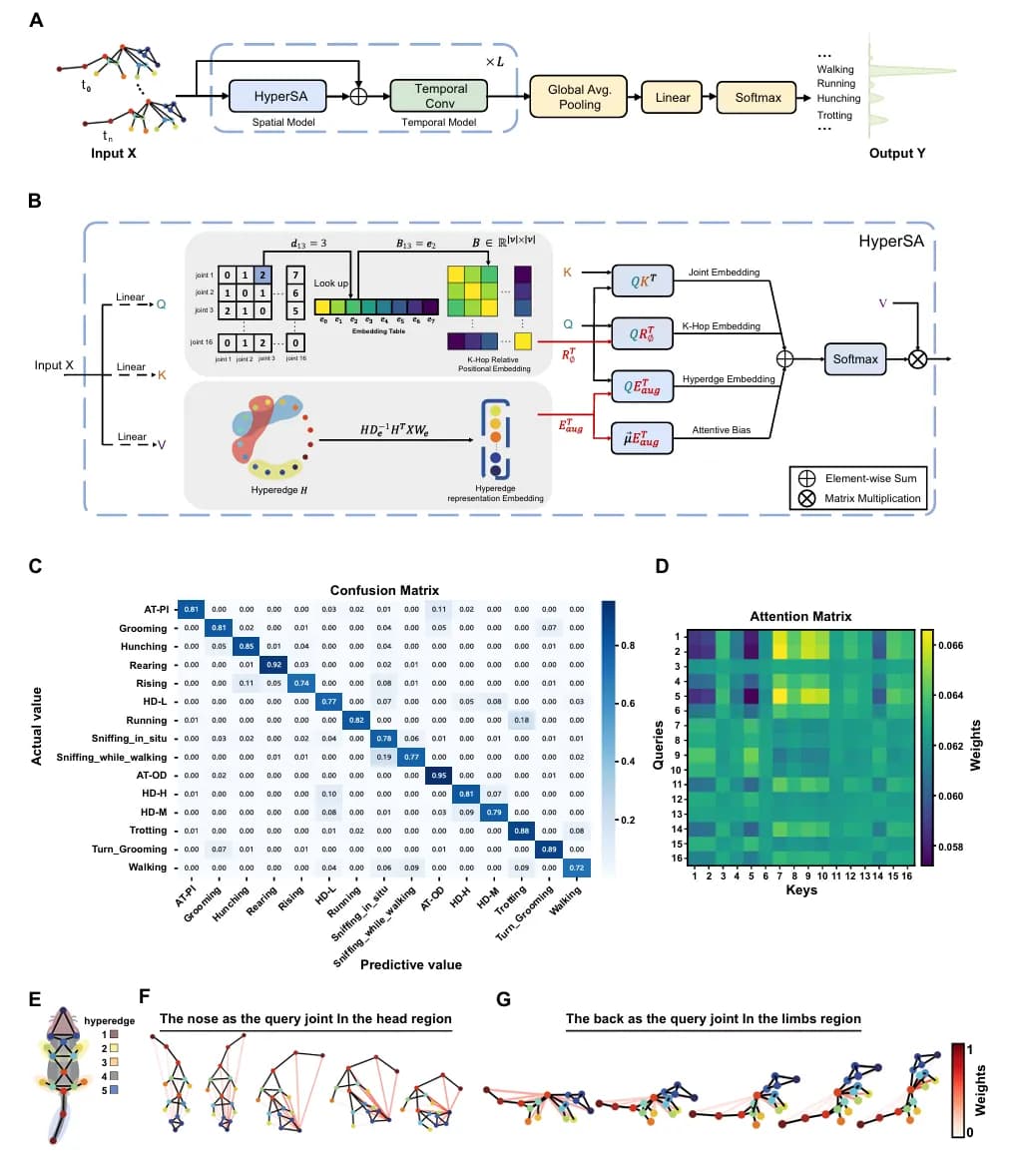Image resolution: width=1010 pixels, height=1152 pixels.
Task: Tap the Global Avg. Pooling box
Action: click(578, 97)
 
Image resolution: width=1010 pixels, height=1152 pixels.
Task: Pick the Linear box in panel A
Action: click(673, 97)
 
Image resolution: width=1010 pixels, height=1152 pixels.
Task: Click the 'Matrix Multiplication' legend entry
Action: click(867, 498)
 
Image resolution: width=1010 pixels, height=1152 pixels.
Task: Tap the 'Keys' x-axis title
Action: click(799, 889)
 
